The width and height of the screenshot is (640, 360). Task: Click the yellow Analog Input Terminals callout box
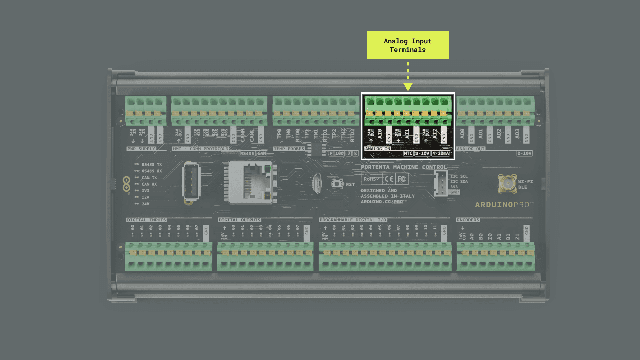[408, 45]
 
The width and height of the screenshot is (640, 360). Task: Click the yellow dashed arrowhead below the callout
[408, 87]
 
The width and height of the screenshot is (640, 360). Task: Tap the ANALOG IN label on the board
[377, 149]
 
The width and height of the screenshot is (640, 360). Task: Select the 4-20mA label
[441, 153]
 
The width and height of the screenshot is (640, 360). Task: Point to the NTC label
[408, 153]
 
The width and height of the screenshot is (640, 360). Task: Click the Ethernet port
[252, 182]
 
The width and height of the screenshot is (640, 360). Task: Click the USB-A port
[191, 182]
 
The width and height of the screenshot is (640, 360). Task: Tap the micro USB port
[317, 183]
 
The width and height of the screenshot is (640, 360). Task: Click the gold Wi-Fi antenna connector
[507, 183]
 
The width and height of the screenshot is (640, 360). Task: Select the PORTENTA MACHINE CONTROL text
[404, 167]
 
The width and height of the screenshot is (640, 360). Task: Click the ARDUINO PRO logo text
[504, 205]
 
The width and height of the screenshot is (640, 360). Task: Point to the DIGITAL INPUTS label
[146, 220]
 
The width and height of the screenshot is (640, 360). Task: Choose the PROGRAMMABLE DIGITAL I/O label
[353, 220]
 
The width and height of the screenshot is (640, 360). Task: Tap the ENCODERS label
[468, 220]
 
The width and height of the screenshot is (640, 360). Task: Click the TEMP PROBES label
[289, 149]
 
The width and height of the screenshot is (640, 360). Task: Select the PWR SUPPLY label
[141, 149]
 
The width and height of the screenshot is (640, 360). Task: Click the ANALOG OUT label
[470, 149]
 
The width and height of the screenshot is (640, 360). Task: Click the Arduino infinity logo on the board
[126, 184]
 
